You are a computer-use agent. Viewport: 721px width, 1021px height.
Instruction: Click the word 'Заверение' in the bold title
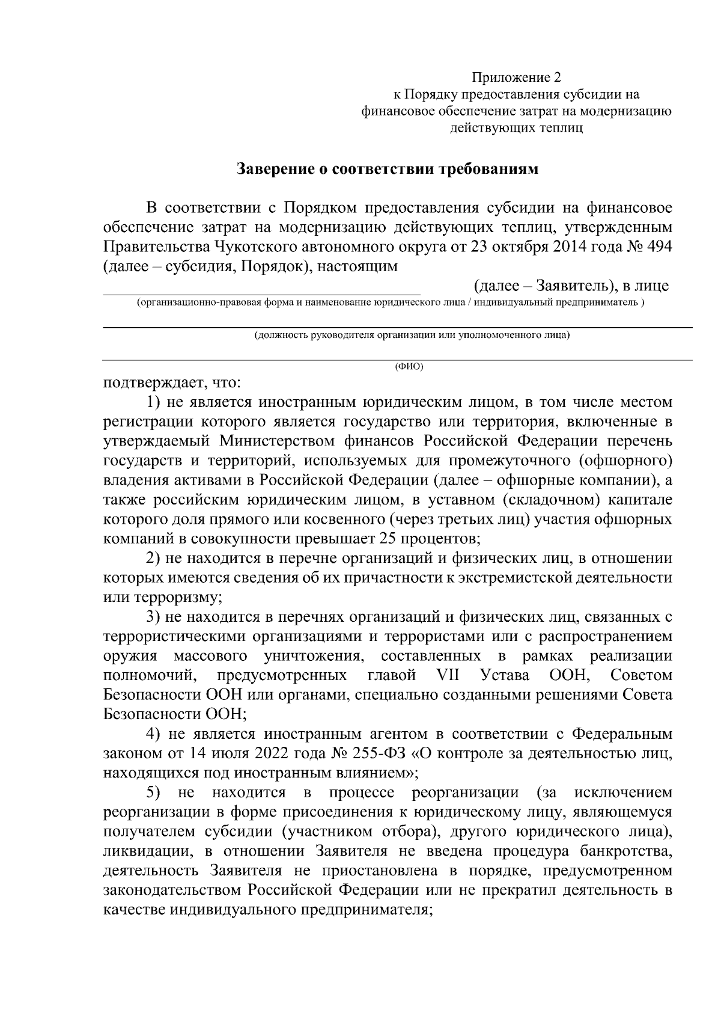coord(275,169)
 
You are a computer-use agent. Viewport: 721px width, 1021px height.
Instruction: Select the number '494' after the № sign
coord(659,247)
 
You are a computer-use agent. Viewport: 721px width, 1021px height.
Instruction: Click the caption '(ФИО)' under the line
coord(409,366)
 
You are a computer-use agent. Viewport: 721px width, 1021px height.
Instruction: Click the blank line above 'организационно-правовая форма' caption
coord(258,294)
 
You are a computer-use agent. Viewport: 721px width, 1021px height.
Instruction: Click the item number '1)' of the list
coord(154,402)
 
